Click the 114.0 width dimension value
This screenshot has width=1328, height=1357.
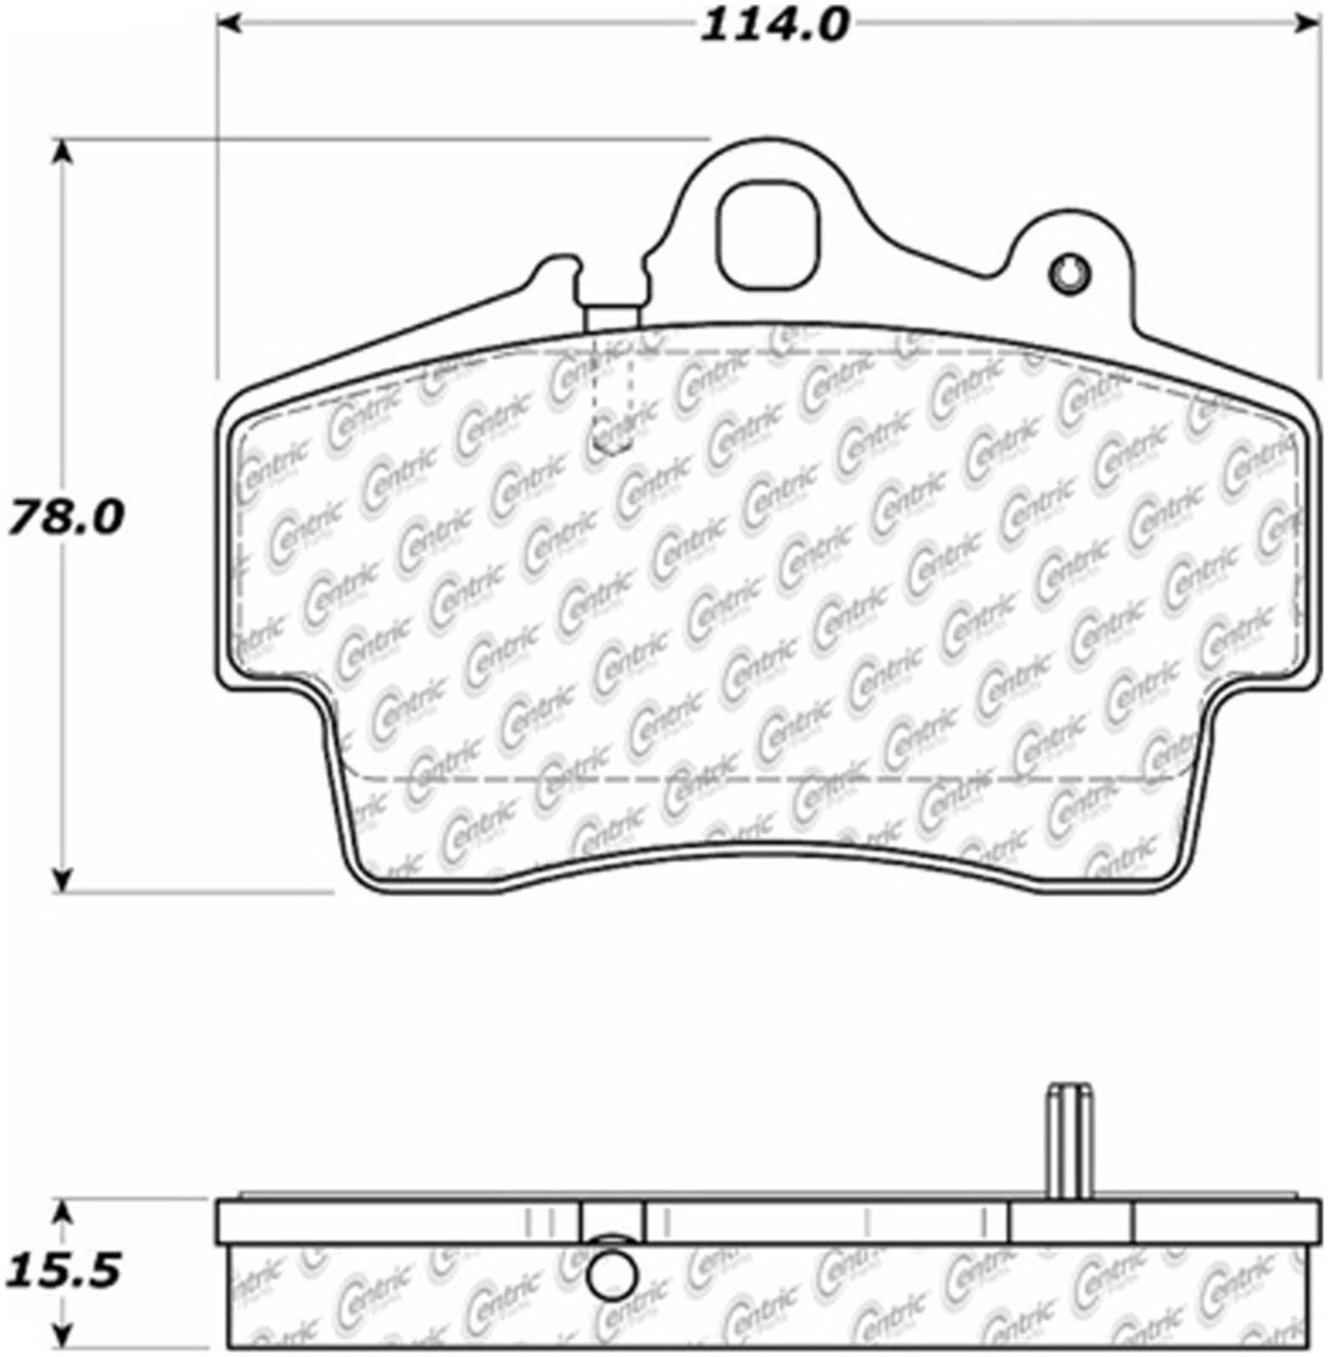[774, 25]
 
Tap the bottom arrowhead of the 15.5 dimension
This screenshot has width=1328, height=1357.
[61, 1336]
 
